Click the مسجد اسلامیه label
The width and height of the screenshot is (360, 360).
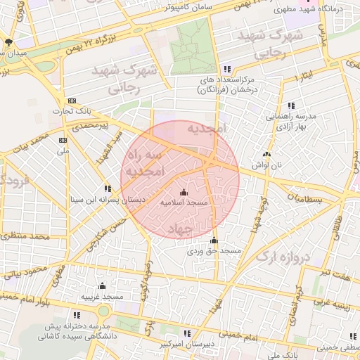tap(184, 202)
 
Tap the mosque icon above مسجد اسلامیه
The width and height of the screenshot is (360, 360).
tap(184, 192)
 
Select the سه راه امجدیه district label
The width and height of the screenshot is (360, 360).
tap(144, 162)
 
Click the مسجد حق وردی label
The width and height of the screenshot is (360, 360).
tap(214, 250)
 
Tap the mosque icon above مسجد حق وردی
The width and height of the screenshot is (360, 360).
tap(214, 240)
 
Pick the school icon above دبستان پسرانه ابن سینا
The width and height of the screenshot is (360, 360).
tap(108, 188)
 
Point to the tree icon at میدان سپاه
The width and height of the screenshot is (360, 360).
tap(8, 43)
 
